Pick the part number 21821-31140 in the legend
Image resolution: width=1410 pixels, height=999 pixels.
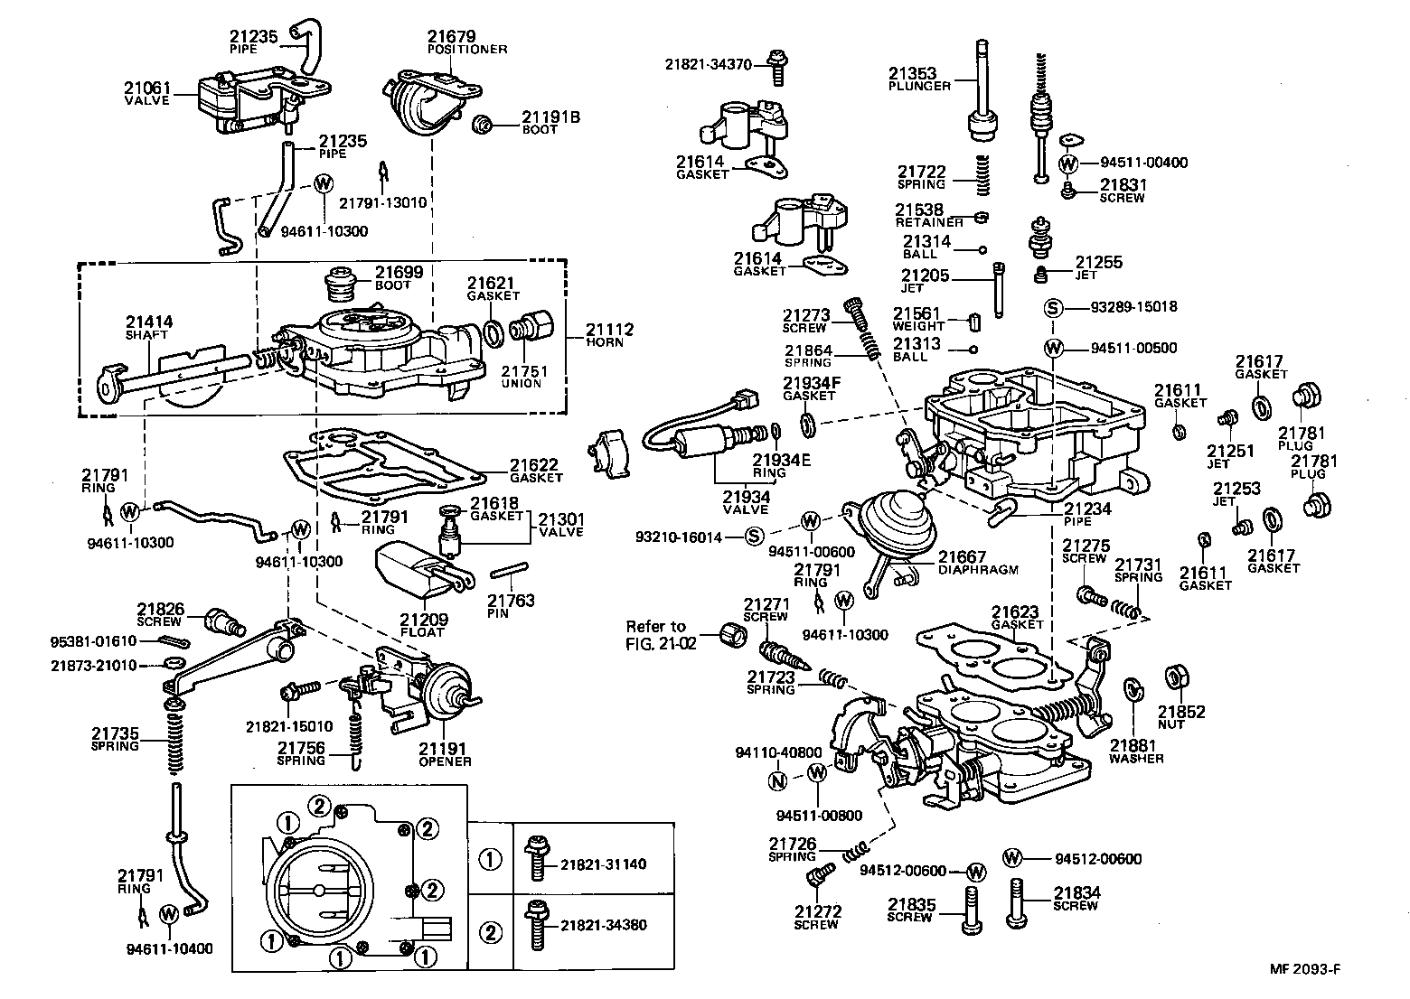[x=603, y=864]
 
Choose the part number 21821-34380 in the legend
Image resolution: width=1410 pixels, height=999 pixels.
[x=603, y=926]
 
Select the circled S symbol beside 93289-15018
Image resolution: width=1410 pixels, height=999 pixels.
[x=1052, y=307]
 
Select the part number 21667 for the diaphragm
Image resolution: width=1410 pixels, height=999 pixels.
[x=962, y=557]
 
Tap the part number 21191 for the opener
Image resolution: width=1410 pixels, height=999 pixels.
[x=444, y=748]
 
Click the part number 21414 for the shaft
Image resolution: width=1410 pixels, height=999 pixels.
[x=149, y=322]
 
